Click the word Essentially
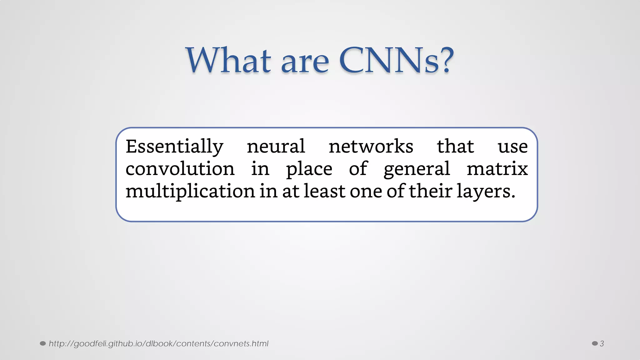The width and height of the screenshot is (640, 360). (174, 147)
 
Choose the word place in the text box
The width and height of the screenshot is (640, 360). (309, 170)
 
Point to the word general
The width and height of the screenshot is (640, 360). (417, 170)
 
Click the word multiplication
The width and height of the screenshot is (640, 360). (190, 191)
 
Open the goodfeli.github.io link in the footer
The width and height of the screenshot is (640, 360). (158, 344)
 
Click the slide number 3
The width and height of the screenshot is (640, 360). (602, 344)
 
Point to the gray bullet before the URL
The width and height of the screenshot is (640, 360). (43, 344)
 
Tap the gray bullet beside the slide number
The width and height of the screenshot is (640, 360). (595, 344)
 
